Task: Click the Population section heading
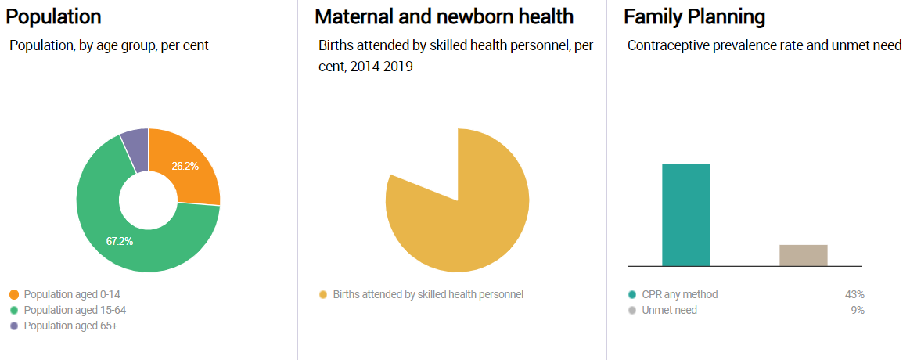[54, 16]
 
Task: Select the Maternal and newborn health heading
[444, 16]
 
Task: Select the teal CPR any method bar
[685, 214]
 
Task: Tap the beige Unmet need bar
[803, 255]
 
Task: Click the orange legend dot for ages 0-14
[14, 295]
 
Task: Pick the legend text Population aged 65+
[70, 326]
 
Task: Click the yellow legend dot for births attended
[322, 295]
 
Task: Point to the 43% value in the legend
[854, 295]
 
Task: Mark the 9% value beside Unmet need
[857, 310]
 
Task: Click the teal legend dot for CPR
[631, 295]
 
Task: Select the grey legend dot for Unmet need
[631, 311]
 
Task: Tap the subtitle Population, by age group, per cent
[109, 46]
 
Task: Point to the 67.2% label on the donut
[120, 241]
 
